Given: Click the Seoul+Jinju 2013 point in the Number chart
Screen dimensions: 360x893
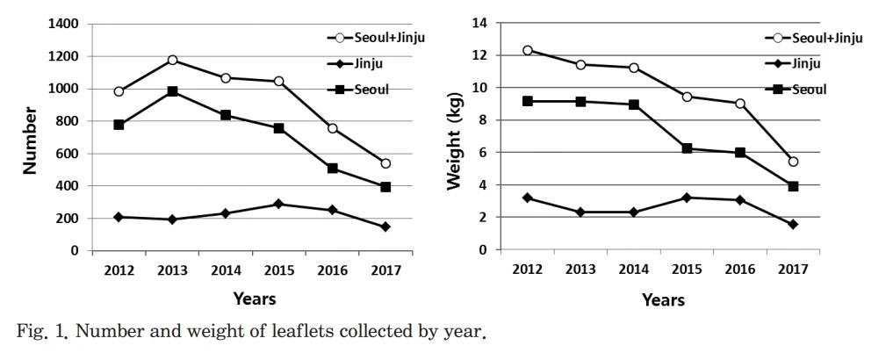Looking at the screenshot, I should click(x=172, y=60).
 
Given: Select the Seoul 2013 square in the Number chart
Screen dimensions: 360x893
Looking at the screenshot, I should click(x=172, y=91).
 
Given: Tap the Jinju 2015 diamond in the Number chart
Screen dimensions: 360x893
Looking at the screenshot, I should click(x=278, y=204).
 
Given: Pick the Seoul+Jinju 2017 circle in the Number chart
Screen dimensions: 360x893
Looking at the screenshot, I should click(x=385, y=163).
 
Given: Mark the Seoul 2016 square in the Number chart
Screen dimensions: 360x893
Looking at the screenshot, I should click(x=332, y=168).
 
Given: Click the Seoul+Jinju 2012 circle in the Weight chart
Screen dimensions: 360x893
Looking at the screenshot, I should click(x=527, y=50).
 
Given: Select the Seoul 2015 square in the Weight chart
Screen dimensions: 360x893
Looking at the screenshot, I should click(x=687, y=148).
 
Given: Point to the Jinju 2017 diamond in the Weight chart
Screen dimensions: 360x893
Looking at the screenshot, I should click(x=793, y=224).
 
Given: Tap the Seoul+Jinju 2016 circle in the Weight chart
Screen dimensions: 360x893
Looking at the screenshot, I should click(x=740, y=104).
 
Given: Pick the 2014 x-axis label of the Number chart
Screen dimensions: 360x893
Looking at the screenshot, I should click(x=226, y=270).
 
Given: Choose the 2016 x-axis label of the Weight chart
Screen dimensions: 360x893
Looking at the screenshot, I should click(x=740, y=270).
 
